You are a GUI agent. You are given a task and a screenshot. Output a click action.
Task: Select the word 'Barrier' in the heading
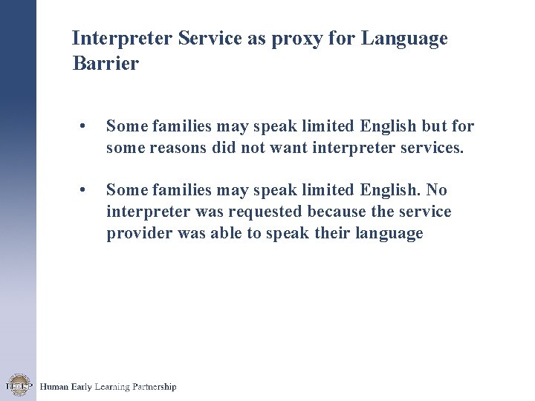[106, 64]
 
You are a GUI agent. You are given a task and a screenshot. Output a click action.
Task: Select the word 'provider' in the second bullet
[136, 233]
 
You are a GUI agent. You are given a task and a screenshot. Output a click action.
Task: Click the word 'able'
[229, 233]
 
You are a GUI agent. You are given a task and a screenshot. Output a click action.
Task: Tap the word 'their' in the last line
[338, 233]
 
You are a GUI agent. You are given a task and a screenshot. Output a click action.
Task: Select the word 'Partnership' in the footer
[153, 387]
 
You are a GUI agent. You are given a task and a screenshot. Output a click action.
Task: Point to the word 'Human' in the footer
[53, 387]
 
